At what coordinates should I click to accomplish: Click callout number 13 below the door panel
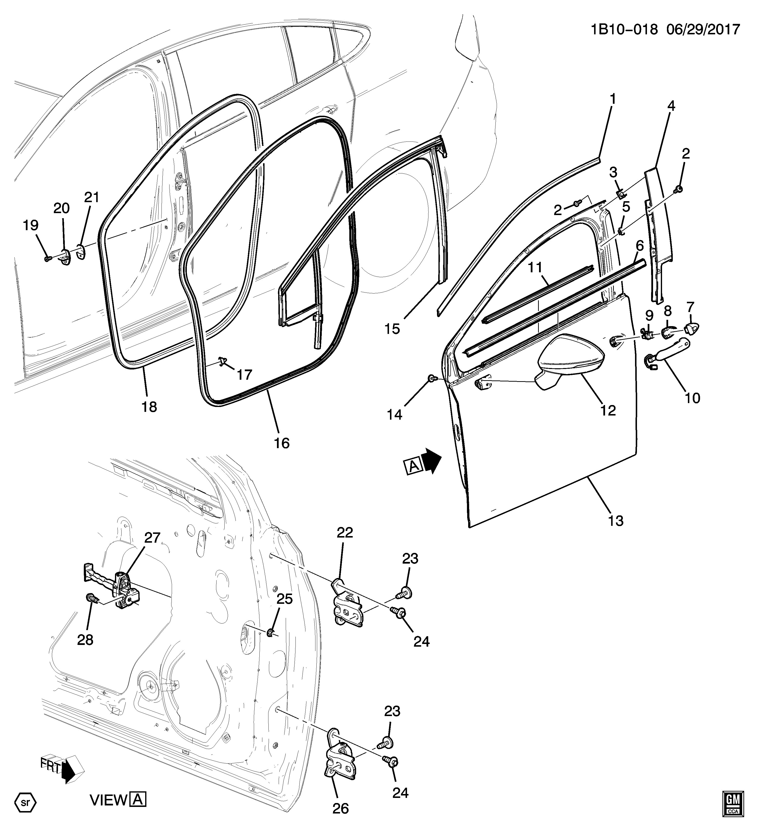tap(616, 520)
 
